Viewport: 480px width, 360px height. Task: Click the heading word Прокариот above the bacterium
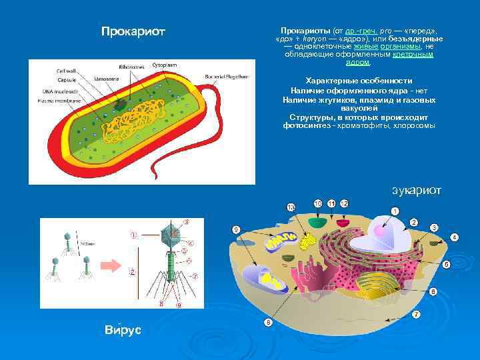[133, 31]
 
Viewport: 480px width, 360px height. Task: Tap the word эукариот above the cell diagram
[416, 191]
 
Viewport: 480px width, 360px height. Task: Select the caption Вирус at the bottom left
[123, 330]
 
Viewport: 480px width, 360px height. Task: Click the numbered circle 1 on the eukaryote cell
[395, 211]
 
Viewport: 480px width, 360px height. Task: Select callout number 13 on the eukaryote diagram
[291, 208]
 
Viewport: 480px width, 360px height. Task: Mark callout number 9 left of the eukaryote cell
[236, 229]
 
